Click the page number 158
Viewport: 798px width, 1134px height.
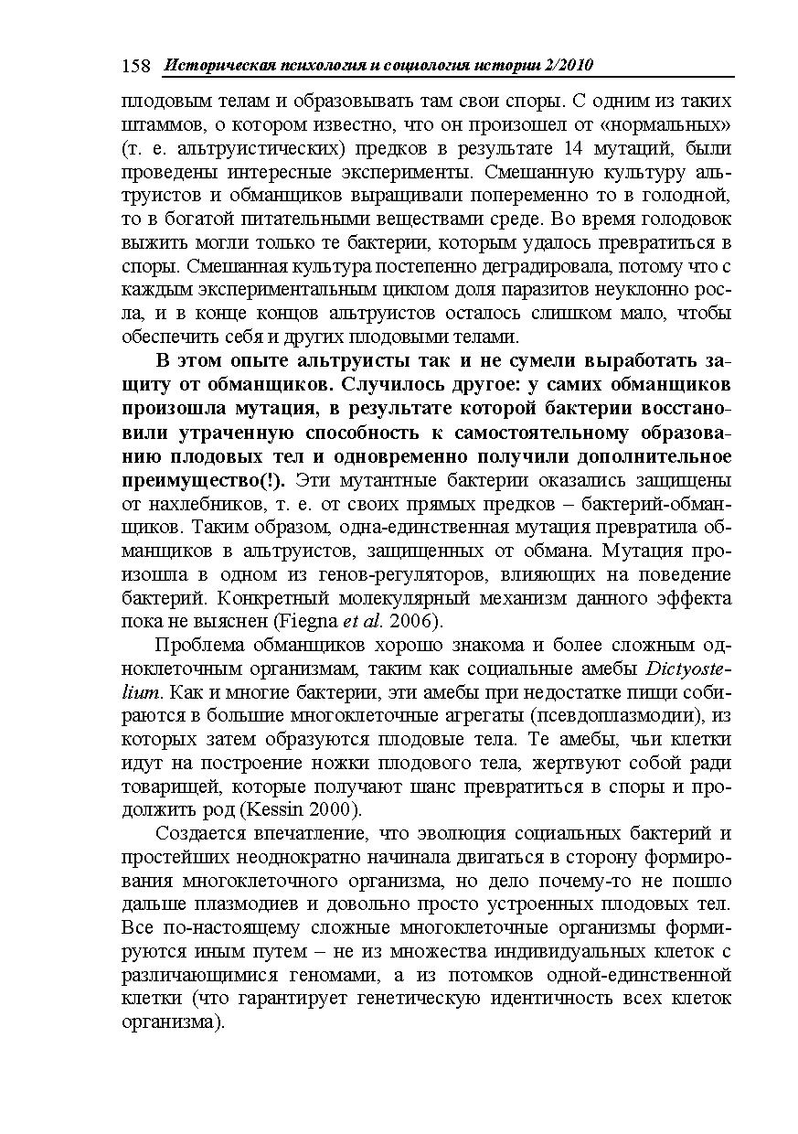coord(135,66)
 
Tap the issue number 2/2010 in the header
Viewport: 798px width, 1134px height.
coord(566,66)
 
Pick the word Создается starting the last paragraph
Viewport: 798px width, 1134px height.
coord(204,834)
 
